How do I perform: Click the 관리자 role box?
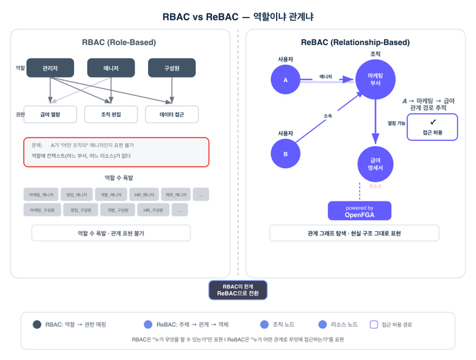[50, 68]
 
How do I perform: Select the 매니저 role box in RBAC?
[111, 68]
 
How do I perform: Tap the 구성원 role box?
[171, 68]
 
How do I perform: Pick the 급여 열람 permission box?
[50, 114]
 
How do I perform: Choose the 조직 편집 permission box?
[111, 114]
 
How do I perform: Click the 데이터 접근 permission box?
[171, 114]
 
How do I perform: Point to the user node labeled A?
[286, 80]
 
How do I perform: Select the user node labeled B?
[286, 154]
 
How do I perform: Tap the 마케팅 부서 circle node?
[375, 80]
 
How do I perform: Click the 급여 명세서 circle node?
[375, 162]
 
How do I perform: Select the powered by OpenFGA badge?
[360, 211]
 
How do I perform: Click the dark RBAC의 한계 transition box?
[238, 290]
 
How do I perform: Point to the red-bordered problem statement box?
[116, 151]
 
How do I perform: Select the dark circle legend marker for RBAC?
[37, 324]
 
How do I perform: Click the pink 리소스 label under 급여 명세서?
[375, 186]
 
